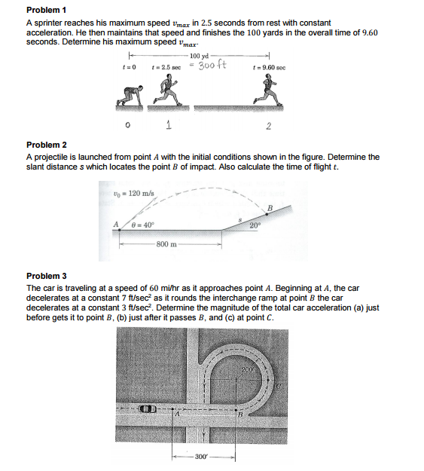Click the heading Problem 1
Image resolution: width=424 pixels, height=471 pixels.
pos(46,10)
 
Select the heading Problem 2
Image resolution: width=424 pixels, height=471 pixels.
pos(47,145)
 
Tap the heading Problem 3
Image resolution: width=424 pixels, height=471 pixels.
pos(47,276)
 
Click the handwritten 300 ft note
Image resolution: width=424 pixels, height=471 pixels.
pos(212,65)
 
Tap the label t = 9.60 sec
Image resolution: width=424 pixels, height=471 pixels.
pos(270,68)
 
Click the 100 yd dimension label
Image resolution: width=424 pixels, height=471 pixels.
pos(200,56)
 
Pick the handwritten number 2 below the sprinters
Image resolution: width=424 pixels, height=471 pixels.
pos(268,126)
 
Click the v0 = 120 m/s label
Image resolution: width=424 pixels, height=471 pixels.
pos(134,193)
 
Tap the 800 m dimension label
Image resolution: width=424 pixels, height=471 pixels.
pos(166,244)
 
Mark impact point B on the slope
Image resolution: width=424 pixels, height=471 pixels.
pos(267,214)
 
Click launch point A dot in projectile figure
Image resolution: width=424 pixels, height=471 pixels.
pos(120,230)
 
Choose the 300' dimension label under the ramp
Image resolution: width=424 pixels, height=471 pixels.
pos(201,457)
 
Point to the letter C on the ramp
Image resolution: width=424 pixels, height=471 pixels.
pos(278,386)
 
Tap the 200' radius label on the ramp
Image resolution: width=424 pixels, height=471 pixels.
pos(249,369)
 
